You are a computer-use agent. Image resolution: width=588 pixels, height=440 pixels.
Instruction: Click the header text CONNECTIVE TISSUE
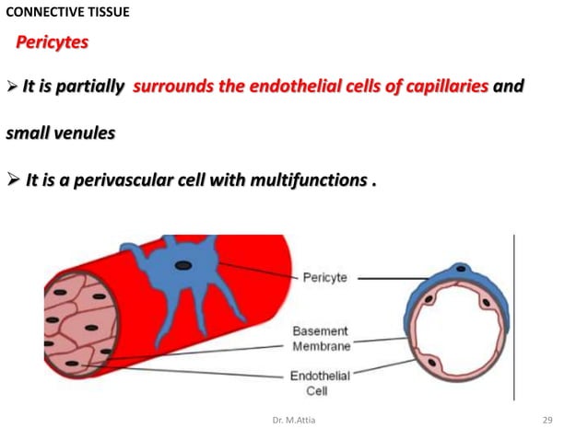[67, 12]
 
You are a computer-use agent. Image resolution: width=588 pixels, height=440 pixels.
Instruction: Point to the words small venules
[61, 133]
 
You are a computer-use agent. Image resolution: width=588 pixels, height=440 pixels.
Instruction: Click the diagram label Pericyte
[325, 277]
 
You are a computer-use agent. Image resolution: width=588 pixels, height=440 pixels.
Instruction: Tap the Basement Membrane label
[321, 339]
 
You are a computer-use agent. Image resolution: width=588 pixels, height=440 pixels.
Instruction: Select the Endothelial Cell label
[320, 382]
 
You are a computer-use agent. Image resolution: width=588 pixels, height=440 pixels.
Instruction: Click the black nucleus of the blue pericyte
[184, 266]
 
